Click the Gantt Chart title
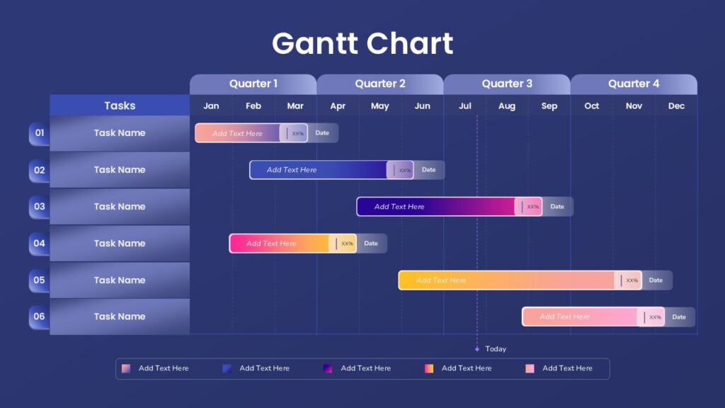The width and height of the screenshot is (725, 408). pyautogui.click(x=362, y=43)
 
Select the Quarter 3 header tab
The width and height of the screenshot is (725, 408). pyautogui.click(x=507, y=84)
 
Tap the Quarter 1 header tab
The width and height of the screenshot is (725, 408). pyautogui.click(x=253, y=84)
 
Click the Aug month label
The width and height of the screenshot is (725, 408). pyautogui.click(x=507, y=106)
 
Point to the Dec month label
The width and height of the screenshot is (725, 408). pyautogui.click(x=676, y=106)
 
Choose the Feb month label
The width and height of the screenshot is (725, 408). pyautogui.click(x=253, y=106)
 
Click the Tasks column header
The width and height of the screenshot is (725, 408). pyautogui.click(x=120, y=106)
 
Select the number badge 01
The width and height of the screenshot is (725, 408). pyautogui.click(x=40, y=133)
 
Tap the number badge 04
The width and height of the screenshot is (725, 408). pyautogui.click(x=40, y=244)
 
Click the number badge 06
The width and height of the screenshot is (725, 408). pyautogui.click(x=40, y=317)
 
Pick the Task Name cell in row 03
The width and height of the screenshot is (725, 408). pyautogui.click(x=120, y=206)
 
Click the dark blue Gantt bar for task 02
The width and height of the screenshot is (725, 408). pyautogui.click(x=331, y=170)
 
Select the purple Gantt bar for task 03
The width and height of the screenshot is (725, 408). pyautogui.click(x=450, y=206)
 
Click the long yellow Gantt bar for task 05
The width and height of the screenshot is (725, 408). pyautogui.click(x=520, y=280)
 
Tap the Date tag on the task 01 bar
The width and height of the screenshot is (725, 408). pyautogui.click(x=322, y=132)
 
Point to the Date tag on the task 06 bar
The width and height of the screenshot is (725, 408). pyautogui.click(x=679, y=317)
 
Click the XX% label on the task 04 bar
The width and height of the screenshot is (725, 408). pyautogui.click(x=347, y=244)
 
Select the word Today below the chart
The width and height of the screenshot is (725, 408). pyautogui.click(x=496, y=348)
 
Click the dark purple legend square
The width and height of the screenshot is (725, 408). pyautogui.click(x=328, y=368)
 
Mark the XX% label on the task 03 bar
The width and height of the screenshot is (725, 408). pyautogui.click(x=533, y=207)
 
